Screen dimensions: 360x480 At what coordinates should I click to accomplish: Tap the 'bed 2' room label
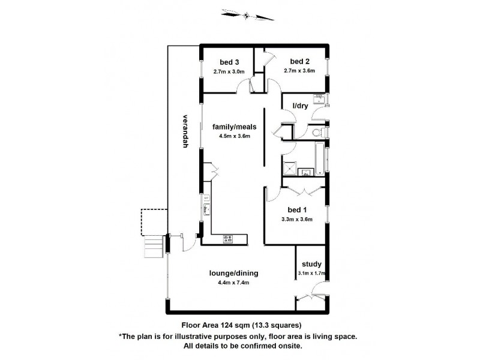point(299,61)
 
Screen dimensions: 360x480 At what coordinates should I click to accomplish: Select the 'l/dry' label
point(300,106)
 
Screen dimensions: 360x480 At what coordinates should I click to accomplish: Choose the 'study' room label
point(311,264)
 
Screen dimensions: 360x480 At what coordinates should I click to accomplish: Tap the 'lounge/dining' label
point(230,273)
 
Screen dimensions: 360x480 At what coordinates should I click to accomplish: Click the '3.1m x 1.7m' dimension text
point(311,274)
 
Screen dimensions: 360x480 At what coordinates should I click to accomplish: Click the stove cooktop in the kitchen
point(229,240)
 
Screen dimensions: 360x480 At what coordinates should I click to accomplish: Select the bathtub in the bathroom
point(320,159)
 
